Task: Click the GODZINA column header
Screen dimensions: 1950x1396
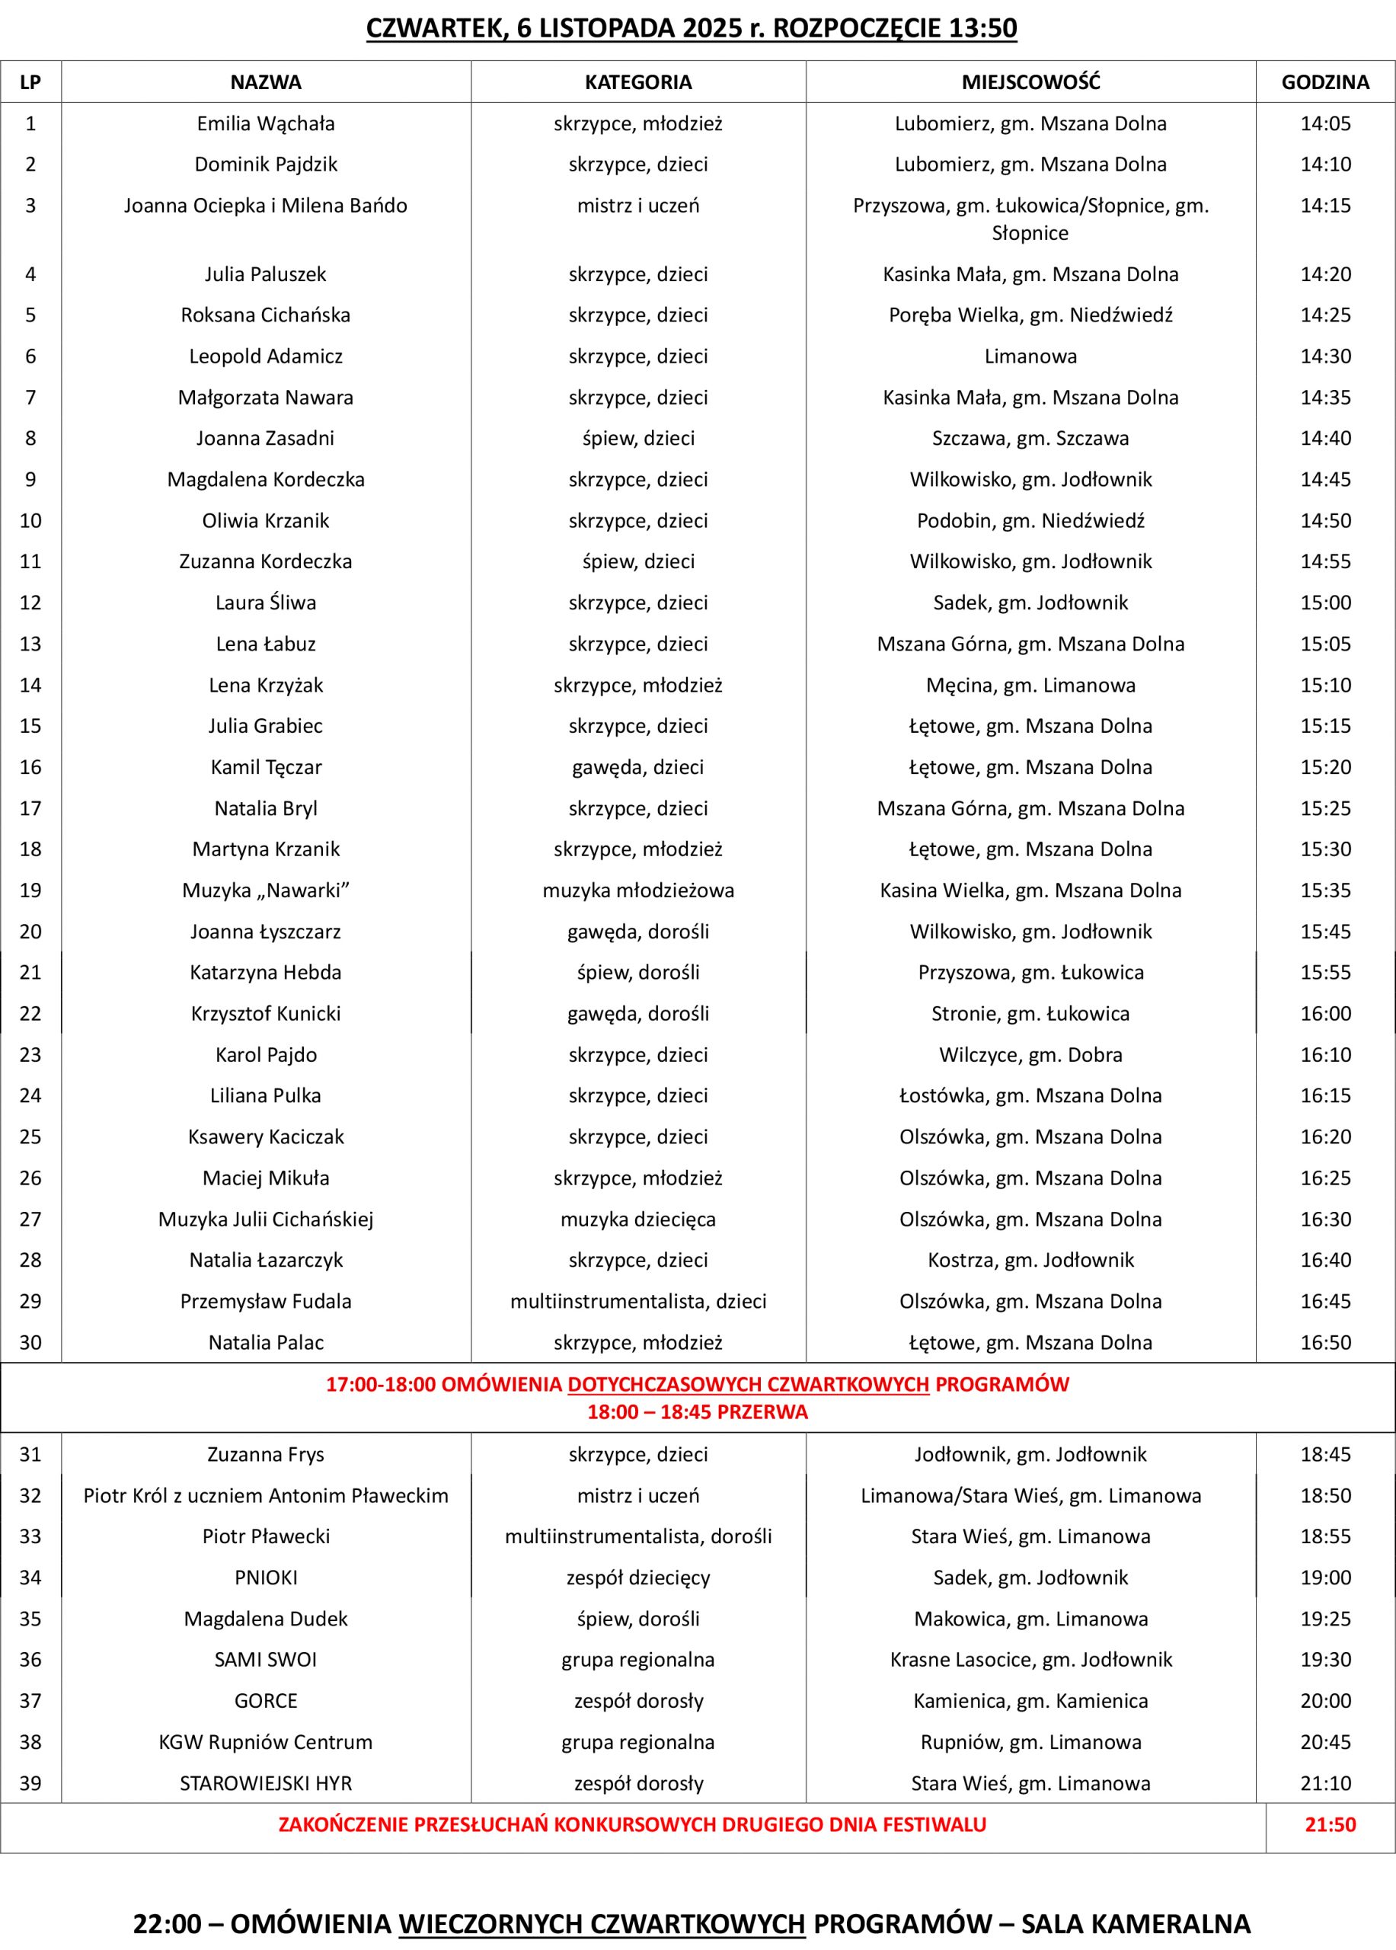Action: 1324,82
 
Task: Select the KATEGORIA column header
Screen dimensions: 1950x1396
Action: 637,82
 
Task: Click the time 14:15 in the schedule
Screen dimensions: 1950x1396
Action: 1324,206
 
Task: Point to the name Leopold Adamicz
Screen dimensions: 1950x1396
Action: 266,356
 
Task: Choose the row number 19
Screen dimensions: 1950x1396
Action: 31,890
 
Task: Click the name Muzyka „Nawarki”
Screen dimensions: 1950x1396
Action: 266,890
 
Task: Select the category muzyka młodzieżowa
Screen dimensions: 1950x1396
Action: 637,890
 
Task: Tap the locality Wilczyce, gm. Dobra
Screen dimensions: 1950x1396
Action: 1030,1054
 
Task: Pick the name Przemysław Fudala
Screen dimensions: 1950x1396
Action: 266,1301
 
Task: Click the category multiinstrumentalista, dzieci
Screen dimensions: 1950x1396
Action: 637,1301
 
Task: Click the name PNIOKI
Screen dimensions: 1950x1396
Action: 266,1578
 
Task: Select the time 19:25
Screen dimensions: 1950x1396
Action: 1324,1619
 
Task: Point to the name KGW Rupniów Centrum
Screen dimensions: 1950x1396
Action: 266,1742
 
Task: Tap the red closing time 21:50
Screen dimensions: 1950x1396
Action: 1329,1824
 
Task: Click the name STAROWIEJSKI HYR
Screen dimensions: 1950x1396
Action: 266,1783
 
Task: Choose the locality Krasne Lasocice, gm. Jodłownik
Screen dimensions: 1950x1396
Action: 1030,1659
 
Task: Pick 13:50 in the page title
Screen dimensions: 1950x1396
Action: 982,28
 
